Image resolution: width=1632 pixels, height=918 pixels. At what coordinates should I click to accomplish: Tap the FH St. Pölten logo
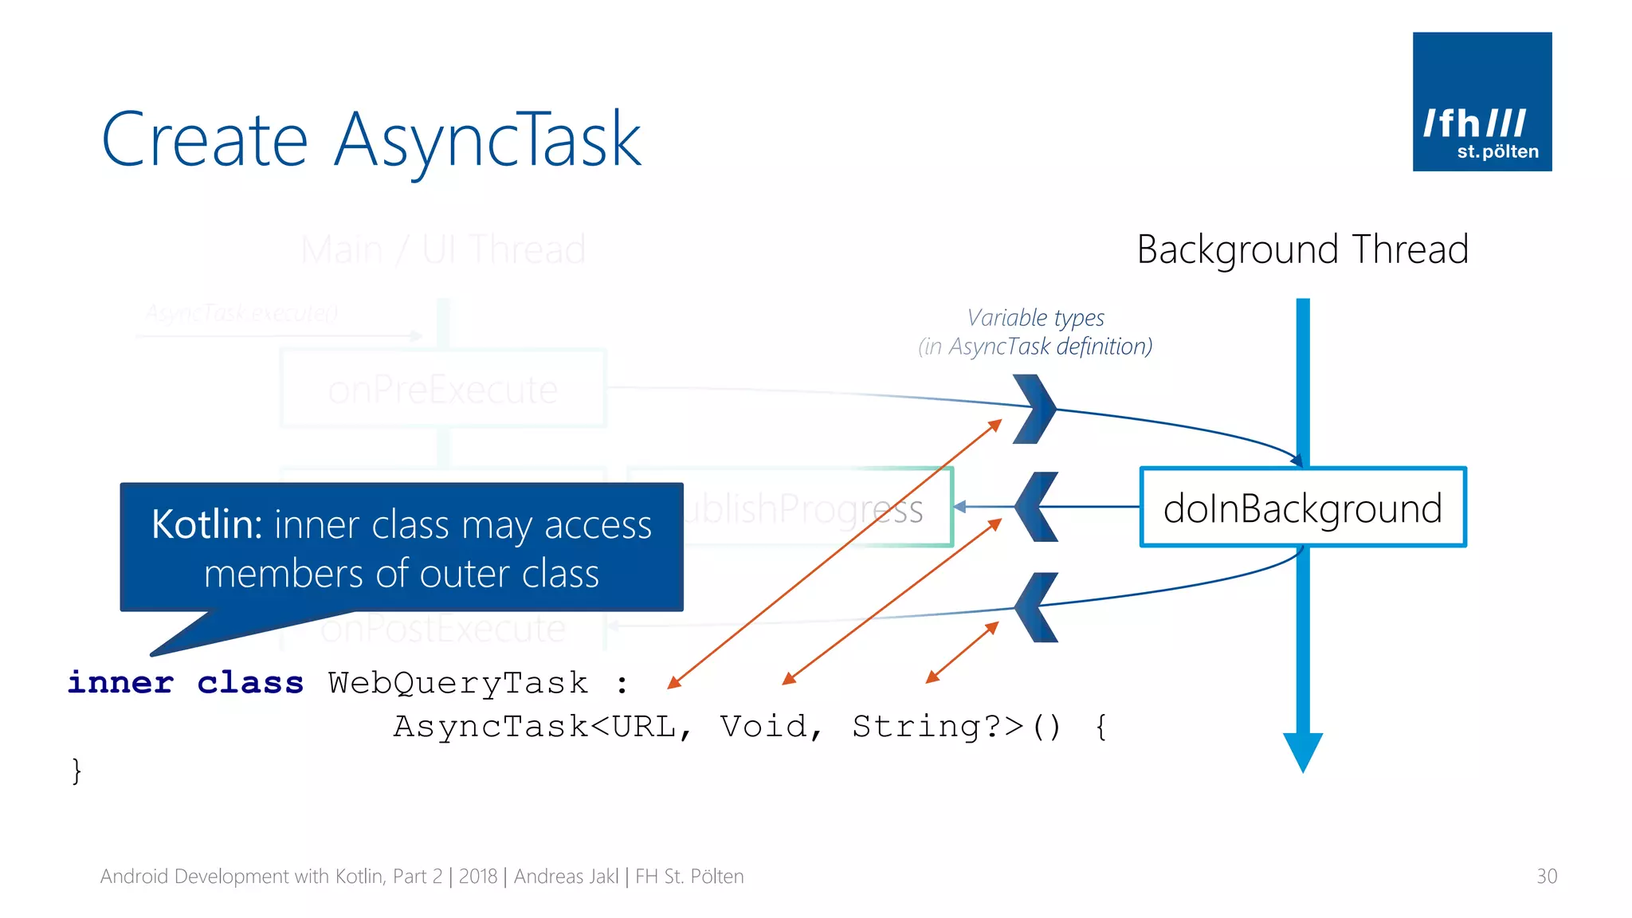point(1481,101)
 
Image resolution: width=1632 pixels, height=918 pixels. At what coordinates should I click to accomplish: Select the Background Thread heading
point(1302,249)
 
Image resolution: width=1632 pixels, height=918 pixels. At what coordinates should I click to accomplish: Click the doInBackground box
point(1302,508)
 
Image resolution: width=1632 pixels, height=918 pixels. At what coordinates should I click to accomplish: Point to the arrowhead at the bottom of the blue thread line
point(1302,751)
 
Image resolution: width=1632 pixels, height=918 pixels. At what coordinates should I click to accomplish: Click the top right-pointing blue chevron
point(1036,409)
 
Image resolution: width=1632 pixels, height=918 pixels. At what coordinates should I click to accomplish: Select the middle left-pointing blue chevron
point(1036,507)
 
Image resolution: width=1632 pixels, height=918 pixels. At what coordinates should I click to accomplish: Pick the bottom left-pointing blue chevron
point(1036,607)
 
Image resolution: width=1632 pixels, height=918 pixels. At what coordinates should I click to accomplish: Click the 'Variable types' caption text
point(1035,318)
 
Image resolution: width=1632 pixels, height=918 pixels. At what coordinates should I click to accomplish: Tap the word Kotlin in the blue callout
point(206,525)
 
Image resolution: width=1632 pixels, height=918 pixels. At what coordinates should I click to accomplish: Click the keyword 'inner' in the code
point(120,683)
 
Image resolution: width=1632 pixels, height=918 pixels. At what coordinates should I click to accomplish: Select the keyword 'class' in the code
point(250,683)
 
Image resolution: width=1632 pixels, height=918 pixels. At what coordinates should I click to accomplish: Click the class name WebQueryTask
point(458,683)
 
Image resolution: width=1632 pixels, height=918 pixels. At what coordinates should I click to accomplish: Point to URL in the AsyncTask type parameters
point(643,727)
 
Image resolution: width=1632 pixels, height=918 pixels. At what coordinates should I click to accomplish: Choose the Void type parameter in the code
point(763,727)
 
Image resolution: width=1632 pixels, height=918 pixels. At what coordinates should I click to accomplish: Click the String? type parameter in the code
point(928,727)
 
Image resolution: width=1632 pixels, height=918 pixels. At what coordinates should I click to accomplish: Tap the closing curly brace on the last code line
point(76,771)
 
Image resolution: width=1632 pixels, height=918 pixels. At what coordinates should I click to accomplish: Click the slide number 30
point(1546,877)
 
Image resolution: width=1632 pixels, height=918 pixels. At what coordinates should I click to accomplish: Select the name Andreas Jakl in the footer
point(566,877)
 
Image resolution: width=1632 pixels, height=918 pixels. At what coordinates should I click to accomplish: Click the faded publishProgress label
point(805,508)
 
